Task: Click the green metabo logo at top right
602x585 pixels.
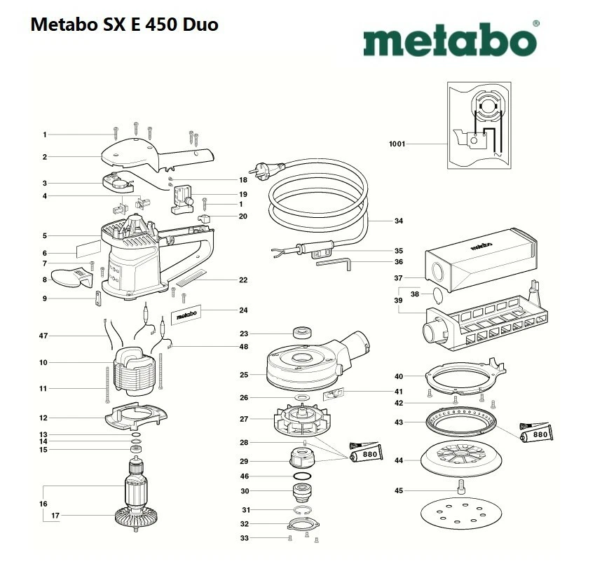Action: [x=451, y=39]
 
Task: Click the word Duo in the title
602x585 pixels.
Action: [x=200, y=25]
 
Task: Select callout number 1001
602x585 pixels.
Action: [x=397, y=144]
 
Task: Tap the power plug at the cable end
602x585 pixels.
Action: [x=266, y=167]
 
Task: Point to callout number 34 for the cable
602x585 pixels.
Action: [x=399, y=221]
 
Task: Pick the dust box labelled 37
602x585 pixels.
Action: [x=481, y=259]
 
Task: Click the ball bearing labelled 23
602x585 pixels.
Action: [x=302, y=332]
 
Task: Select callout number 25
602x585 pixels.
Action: [x=244, y=375]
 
